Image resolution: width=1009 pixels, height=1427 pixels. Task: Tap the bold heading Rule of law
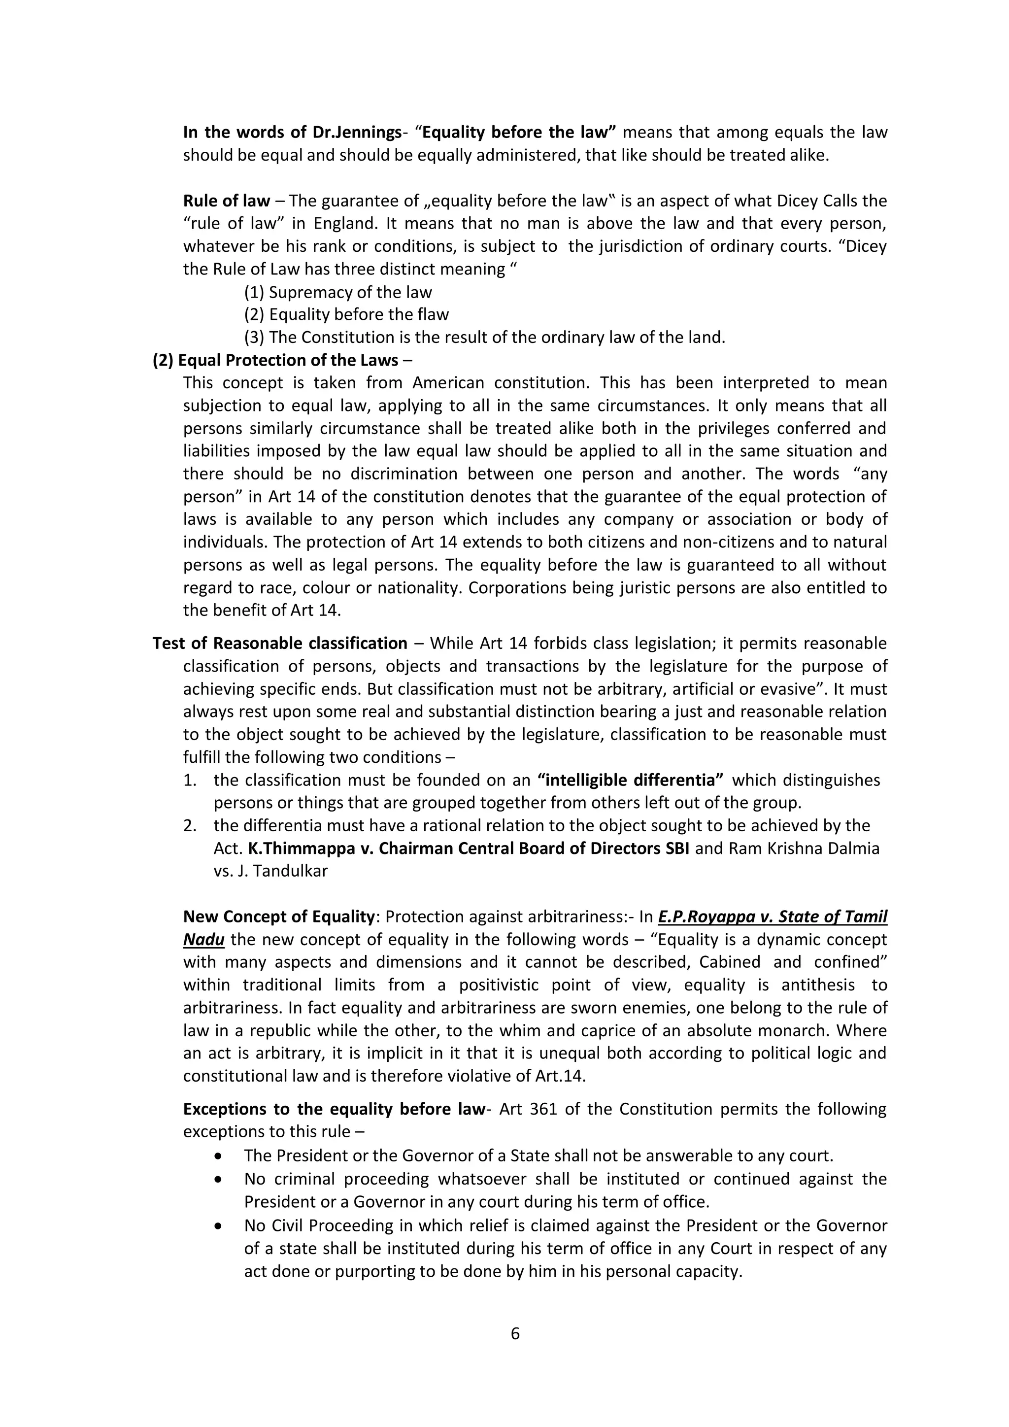pos(227,201)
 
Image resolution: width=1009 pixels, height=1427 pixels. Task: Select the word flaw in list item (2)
pos(433,314)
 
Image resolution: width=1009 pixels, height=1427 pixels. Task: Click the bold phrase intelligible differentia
pos(631,780)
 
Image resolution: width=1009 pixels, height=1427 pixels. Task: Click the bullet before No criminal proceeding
pos(217,1179)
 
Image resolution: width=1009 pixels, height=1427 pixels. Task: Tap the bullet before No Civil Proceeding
pos(217,1225)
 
